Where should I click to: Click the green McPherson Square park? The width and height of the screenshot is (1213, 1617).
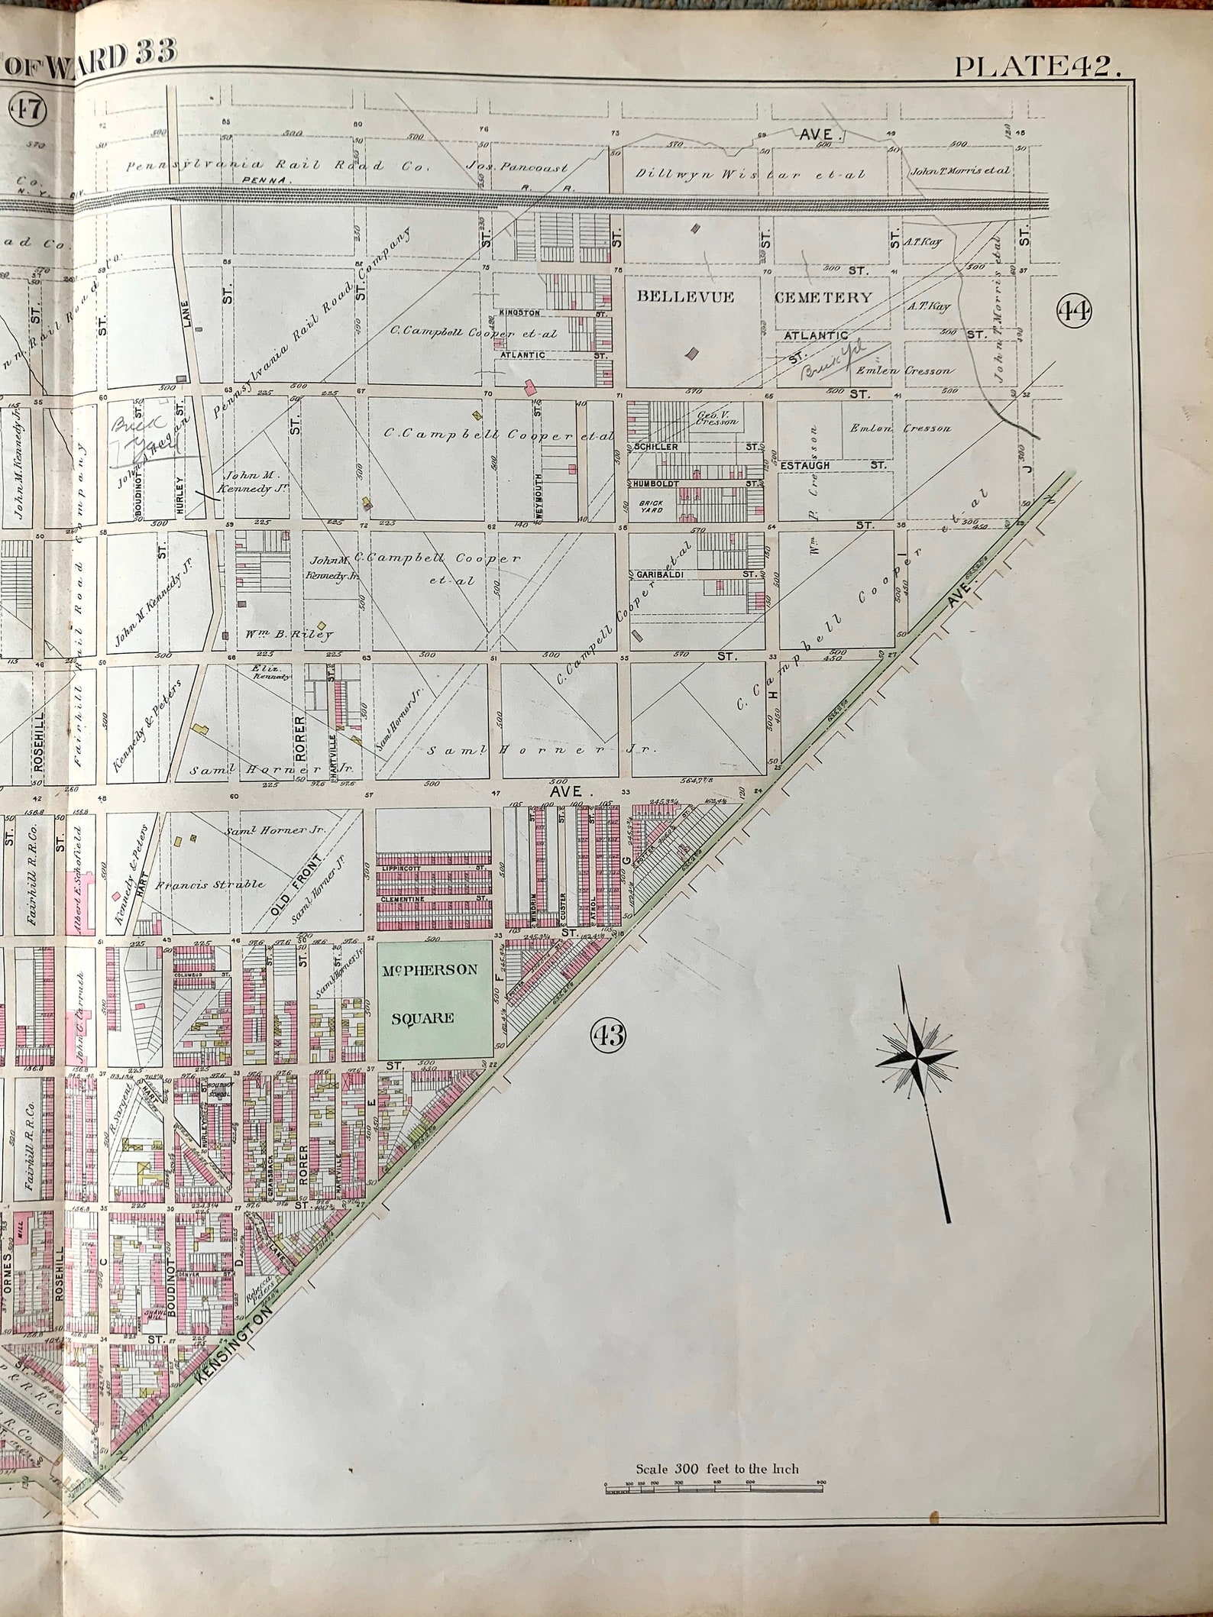click(x=435, y=998)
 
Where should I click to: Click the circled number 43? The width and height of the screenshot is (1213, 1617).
click(x=608, y=1036)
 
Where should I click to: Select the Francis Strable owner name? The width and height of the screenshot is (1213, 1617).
click(x=211, y=885)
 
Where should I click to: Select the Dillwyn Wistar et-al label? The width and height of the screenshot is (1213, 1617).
click(x=749, y=173)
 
